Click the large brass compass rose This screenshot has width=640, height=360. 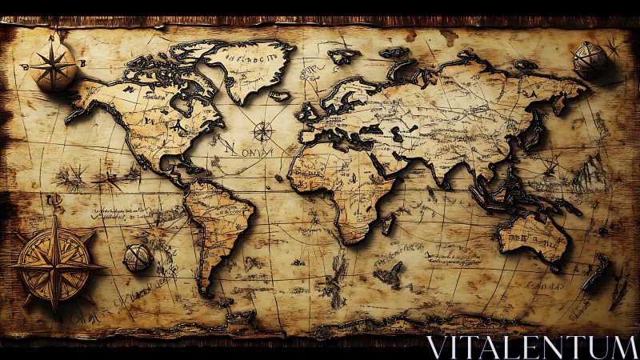click(x=54, y=262)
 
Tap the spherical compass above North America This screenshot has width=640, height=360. click(x=54, y=66)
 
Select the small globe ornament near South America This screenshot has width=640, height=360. click(x=137, y=258)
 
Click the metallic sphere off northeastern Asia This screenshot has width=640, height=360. click(x=591, y=61)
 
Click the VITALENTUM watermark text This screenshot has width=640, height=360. click(x=531, y=347)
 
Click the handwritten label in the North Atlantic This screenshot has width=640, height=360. click(x=241, y=149)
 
